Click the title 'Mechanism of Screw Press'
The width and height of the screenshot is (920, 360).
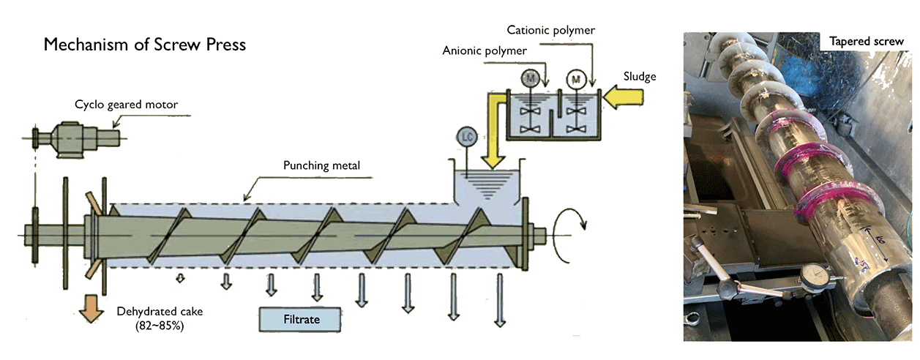point(144,45)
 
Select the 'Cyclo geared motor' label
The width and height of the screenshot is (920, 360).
point(126,105)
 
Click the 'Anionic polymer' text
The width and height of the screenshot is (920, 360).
point(484,51)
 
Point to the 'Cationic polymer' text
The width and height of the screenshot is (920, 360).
point(550,30)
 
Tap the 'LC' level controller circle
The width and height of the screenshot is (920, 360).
point(465,136)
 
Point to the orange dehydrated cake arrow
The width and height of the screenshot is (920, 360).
point(93,307)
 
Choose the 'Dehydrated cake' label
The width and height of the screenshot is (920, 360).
point(160,312)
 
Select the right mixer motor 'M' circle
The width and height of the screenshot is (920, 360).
point(576,78)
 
